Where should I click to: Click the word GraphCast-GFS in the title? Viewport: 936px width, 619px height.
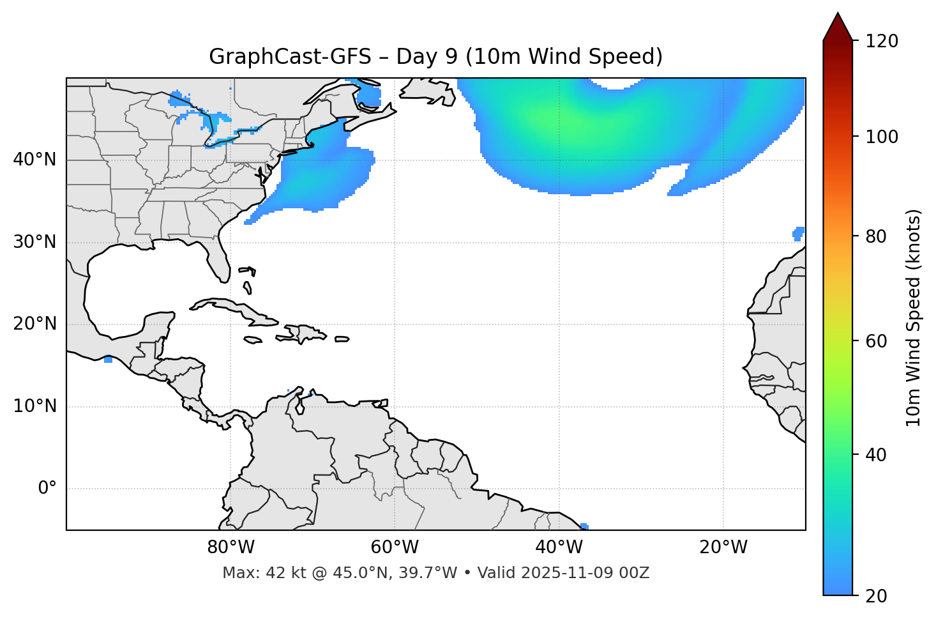click(290, 57)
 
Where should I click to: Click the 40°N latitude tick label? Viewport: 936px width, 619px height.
click(34, 160)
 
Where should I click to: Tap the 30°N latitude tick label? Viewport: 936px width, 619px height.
click(34, 242)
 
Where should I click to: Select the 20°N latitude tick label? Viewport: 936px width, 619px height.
click(34, 324)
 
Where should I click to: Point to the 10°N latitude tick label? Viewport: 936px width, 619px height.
click(34, 406)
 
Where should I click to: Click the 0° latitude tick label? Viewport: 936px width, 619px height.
click(47, 489)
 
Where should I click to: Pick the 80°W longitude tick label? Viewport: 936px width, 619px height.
click(230, 547)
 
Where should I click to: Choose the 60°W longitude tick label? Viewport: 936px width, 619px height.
click(395, 547)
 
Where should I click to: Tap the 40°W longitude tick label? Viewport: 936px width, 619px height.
click(559, 547)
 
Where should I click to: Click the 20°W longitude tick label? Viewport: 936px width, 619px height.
click(723, 547)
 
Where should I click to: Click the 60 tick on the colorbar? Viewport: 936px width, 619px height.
click(877, 341)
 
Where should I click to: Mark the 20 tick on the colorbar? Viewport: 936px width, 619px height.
click(877, 595)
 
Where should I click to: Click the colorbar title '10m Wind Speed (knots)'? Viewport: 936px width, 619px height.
click(914, 317)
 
